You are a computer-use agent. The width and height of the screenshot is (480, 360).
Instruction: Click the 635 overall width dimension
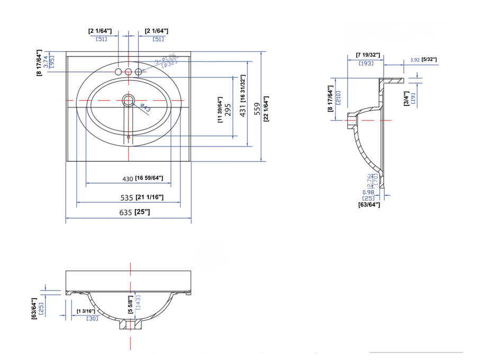click(x=126, y=213)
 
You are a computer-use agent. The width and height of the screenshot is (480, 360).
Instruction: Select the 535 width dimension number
click(x=126, y=198)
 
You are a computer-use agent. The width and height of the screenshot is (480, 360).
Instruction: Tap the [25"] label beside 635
click(x=142, y=213)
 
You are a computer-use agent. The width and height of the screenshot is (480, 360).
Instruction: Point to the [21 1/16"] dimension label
click(x=149, y=198)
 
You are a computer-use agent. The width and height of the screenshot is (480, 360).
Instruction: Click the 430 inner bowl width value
click(x=128, y=179)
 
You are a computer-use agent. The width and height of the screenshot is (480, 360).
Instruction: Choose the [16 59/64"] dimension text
click(x=149, y=178)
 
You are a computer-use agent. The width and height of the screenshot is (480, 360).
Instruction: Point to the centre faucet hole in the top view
click(x=128, y=71)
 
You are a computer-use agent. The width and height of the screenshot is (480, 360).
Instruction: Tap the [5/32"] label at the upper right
click(x=429, y=59)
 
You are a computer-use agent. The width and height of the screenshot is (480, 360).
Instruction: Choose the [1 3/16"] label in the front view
click(x=86, y=311)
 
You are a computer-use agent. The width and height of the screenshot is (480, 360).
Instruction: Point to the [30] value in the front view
click(x=92, y=318)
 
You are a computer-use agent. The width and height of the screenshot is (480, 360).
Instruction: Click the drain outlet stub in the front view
click(x=130, y=325)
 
